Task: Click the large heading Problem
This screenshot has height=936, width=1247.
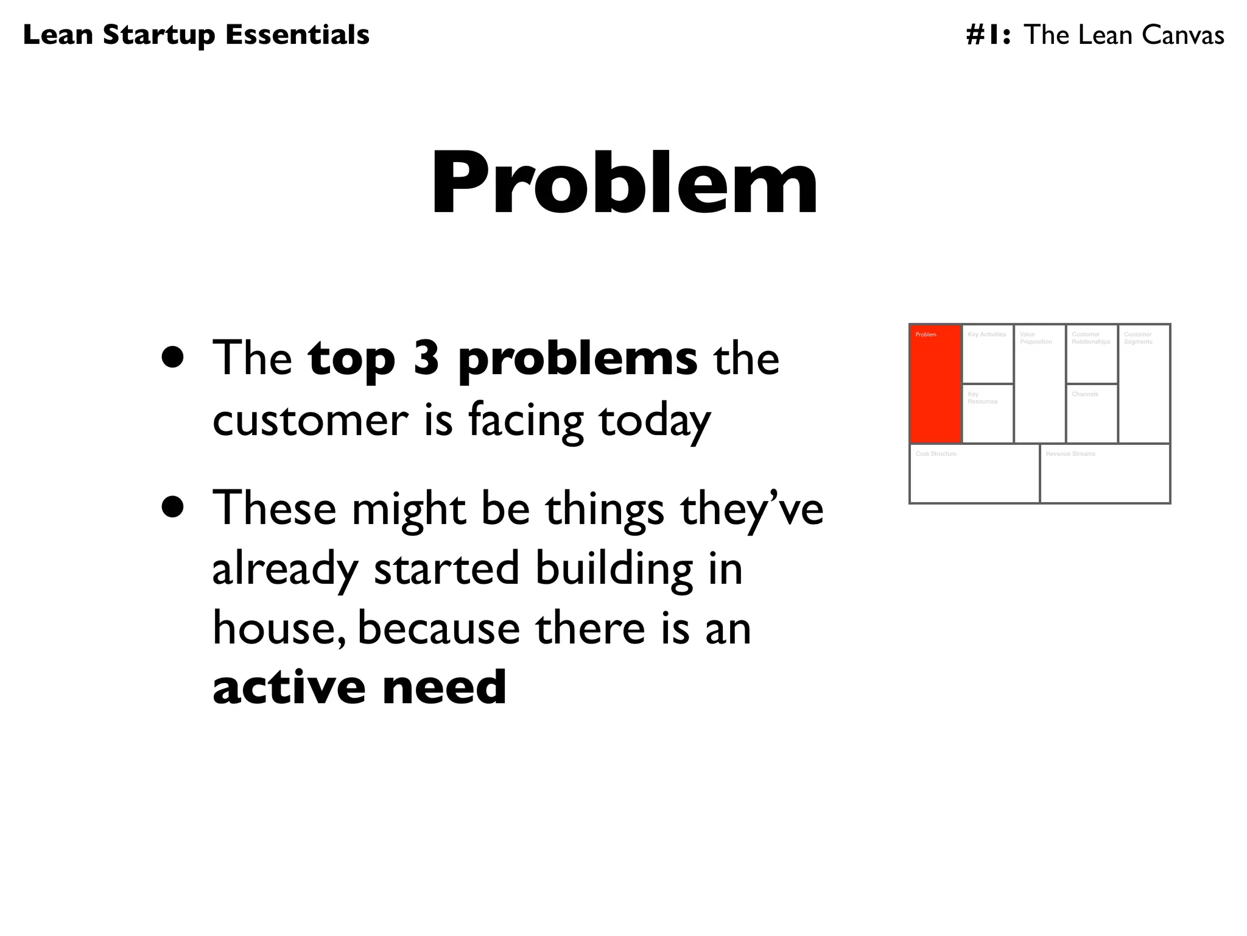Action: tap(624, 183)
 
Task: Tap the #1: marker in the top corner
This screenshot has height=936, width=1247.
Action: tap(988, 35)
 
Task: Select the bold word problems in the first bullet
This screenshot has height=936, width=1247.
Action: tap(577, 360)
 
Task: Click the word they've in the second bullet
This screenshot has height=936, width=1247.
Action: tap(751, 509)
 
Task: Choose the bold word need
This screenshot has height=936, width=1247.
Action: tap(444, 687)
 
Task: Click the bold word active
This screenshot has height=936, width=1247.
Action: tap(289, 687)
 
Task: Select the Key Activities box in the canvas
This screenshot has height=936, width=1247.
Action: tap(988, 355)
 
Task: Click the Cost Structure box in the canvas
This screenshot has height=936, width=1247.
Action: tap(974, 474)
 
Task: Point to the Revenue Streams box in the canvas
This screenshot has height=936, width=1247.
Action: tap(1105, 474)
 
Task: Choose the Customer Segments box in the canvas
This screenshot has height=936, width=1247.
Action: tap(1144, 384)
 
